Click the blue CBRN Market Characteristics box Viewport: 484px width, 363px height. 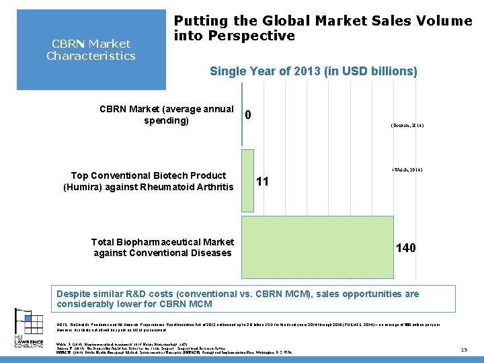tap(91, 50)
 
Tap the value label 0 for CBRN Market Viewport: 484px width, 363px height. tap(249, 115)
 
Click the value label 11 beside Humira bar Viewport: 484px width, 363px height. tap(263, 182)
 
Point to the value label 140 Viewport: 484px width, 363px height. tap(405, 248)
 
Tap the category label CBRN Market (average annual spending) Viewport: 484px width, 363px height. tap(166, 115)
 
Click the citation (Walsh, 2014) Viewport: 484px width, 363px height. tap(407, 170)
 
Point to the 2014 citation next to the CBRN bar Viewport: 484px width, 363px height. tap(407, 126)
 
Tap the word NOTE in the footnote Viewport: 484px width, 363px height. tap(64, 324)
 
